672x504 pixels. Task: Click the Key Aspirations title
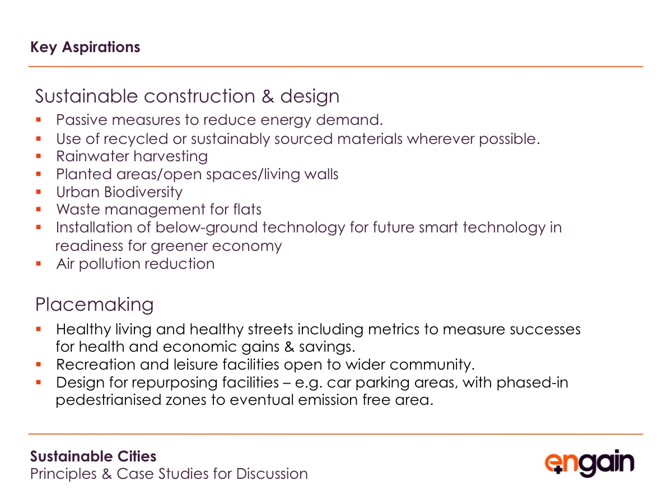tap(85, 48)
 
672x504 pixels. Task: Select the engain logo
tap(589, 463)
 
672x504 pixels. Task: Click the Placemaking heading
tap(94, 305)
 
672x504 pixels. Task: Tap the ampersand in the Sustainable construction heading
tap(268, 96)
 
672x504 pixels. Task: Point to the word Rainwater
tap(93, 156)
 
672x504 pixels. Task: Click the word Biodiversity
tap(143, 193)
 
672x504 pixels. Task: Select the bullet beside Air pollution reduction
tap(38, 263)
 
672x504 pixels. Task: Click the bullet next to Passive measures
tap(38, 120)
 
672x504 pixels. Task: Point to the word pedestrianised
tap(109, 400)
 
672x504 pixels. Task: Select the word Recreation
tap(96, 365)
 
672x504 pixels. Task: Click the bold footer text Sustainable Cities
tap(93, 456)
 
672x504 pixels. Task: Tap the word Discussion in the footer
tap(272, 474)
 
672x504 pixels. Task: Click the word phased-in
tap(532, 383)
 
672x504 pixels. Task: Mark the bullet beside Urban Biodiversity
tap(38, 192)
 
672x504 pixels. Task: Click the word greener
tap(179, 246)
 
